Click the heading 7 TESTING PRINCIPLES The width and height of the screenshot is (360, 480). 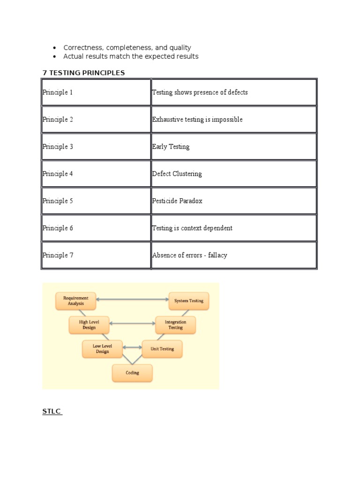(x=84, y=73)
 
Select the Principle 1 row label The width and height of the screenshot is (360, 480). (x=58, y=92)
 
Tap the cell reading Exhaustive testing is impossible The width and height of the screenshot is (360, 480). (x=197, y=120)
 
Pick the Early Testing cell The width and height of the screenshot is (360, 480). (x=171, y=147)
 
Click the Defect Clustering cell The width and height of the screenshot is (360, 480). (x=177, y=174)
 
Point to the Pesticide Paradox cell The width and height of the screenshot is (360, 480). (x=177, y=201)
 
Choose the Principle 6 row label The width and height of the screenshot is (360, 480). (x=58, y=228)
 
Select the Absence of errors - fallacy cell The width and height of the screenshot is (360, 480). (x=189, y=255)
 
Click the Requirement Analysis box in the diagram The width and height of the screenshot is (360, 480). (x=76, y=301)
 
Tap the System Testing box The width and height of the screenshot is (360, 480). (x=189, y=301)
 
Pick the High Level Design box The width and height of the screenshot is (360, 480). (x=89, y=325)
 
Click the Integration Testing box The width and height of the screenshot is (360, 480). (x=175, y=325)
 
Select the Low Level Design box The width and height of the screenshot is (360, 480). (x=102, y=349)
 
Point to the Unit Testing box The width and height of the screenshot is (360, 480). (x=162, y=349)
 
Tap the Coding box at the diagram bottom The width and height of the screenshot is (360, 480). (x=132, y=373)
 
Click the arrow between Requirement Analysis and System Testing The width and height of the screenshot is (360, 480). (x=132, y=299)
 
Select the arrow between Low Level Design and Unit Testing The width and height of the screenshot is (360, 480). (x=132, y=347)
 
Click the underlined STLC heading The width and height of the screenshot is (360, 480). (x=52, y=412)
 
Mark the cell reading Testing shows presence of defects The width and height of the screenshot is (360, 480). (x=200, y=92)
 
